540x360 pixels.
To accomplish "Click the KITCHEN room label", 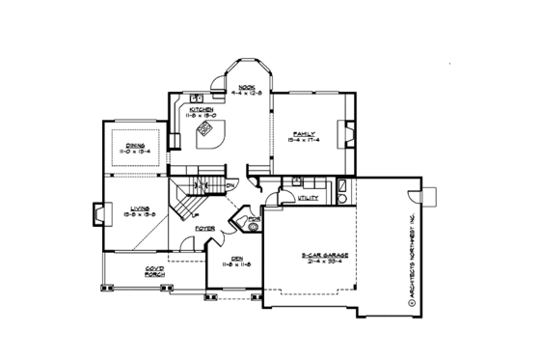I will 202,110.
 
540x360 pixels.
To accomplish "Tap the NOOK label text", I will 246,87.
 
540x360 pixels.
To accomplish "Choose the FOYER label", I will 204,229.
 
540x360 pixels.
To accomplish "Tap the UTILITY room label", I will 308,198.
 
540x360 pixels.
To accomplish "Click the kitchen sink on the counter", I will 195,97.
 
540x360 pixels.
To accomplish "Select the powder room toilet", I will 254,230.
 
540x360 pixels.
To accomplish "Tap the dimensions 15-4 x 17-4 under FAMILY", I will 303,142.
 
